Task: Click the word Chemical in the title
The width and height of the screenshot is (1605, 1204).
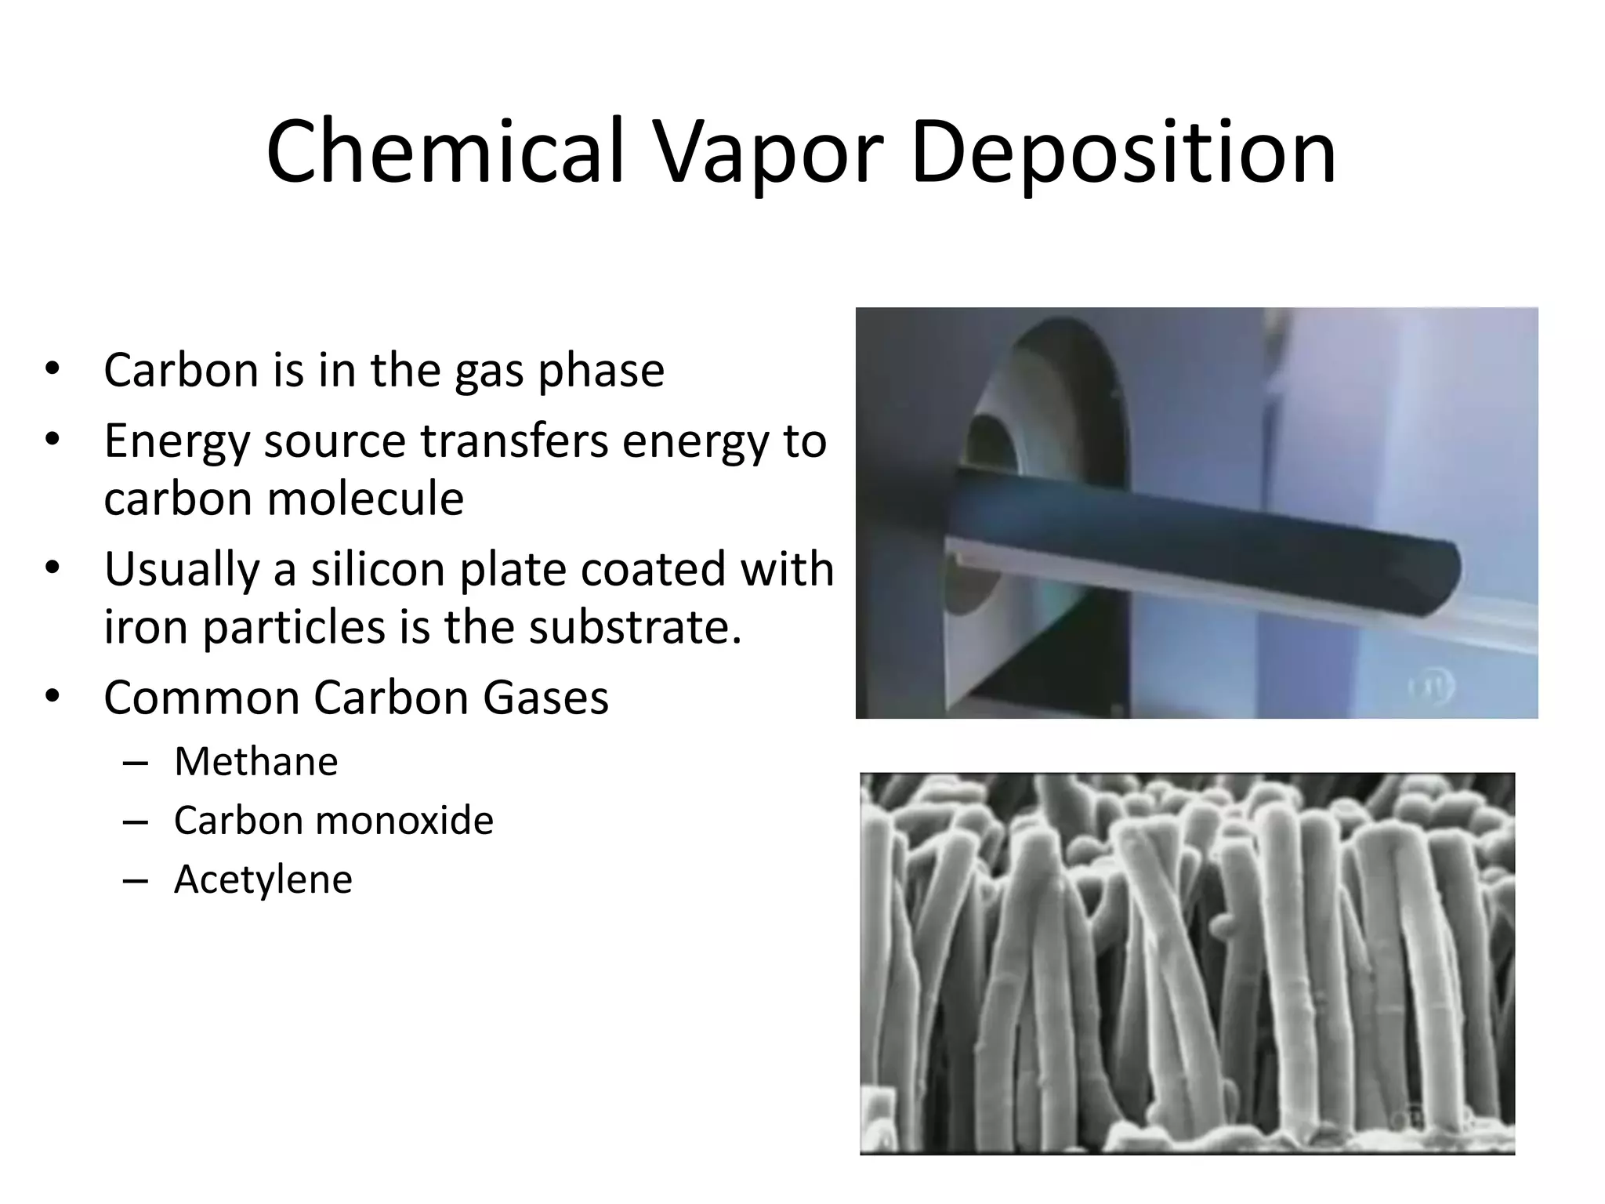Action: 445,151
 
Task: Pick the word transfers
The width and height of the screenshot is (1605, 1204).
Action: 514,441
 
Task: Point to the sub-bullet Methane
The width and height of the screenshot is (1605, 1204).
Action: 256,762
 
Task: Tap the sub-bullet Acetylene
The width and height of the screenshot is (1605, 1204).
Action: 263,879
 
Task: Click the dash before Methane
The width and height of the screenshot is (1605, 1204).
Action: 136,763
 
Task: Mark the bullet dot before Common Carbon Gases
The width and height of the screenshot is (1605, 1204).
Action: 53,696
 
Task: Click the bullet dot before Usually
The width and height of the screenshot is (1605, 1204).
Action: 53,568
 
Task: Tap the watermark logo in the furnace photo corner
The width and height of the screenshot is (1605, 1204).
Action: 1433,687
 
